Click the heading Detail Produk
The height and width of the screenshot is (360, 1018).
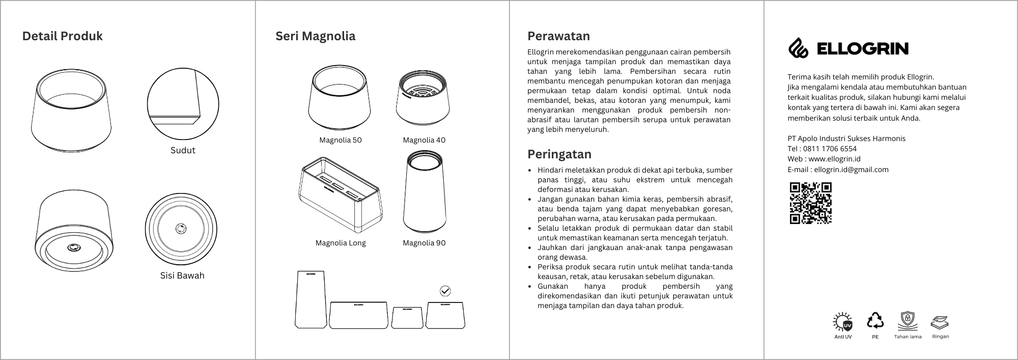62,36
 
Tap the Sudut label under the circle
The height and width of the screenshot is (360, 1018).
183,150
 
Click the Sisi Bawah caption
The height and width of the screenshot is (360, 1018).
182,275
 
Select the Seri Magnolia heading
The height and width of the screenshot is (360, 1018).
315,36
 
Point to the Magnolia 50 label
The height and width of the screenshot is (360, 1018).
340,140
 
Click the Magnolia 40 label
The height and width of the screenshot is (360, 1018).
424,140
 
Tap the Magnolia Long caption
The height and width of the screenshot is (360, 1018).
341,243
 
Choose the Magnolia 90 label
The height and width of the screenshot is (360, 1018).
424,243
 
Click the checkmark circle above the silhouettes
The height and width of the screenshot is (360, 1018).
445,291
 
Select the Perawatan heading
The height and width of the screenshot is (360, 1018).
558,36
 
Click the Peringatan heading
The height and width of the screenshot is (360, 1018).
559,154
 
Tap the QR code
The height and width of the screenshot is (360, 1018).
810,203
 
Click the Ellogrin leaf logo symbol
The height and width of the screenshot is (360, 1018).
799,48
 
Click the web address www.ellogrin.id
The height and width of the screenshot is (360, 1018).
834,159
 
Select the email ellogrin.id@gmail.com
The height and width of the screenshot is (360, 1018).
851,170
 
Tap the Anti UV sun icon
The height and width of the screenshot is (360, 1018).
843,322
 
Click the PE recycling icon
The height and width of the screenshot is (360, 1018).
875,320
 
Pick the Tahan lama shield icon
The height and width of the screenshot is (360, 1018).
907,321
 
